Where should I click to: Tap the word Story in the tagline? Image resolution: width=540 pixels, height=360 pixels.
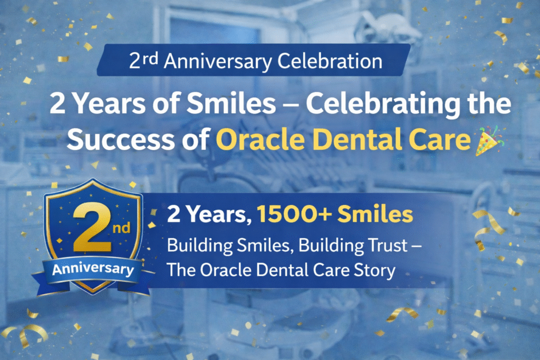pyautogui.click(x=374, y=270)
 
